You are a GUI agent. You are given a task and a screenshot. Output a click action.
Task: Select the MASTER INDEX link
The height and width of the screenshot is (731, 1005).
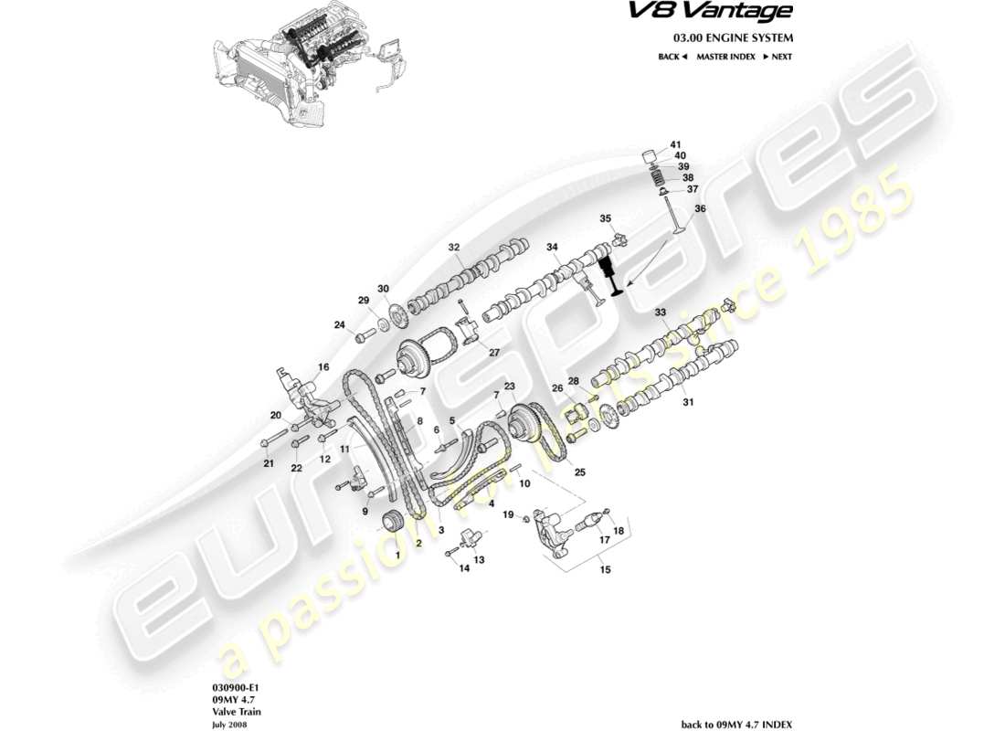pyautogui.click(x=725, y=57)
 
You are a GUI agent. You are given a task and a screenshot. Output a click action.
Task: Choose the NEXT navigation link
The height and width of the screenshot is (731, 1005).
pyautogui.click(x=776, y=57)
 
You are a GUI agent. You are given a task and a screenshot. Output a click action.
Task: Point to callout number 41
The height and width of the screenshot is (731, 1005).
pyautogui.click(x=676, y=145)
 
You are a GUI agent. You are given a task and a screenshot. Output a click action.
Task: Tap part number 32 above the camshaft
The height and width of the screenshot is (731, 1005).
pyautogui.click(x=454, y=248)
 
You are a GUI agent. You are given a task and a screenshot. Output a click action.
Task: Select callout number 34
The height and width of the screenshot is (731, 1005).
pyautogui.click(x=552, y=248)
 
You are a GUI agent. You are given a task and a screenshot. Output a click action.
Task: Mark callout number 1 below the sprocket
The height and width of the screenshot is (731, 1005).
pyautogui.click(x=397, y=555)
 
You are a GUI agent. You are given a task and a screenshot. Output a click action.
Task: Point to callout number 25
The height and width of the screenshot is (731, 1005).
pyautogui.click(x=579, y=472)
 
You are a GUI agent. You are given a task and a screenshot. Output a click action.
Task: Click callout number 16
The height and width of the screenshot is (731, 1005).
pyautogui.click(x=323, y=367)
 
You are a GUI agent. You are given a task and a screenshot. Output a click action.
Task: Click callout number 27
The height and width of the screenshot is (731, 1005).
pyautogui.click(x=494, y=352)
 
